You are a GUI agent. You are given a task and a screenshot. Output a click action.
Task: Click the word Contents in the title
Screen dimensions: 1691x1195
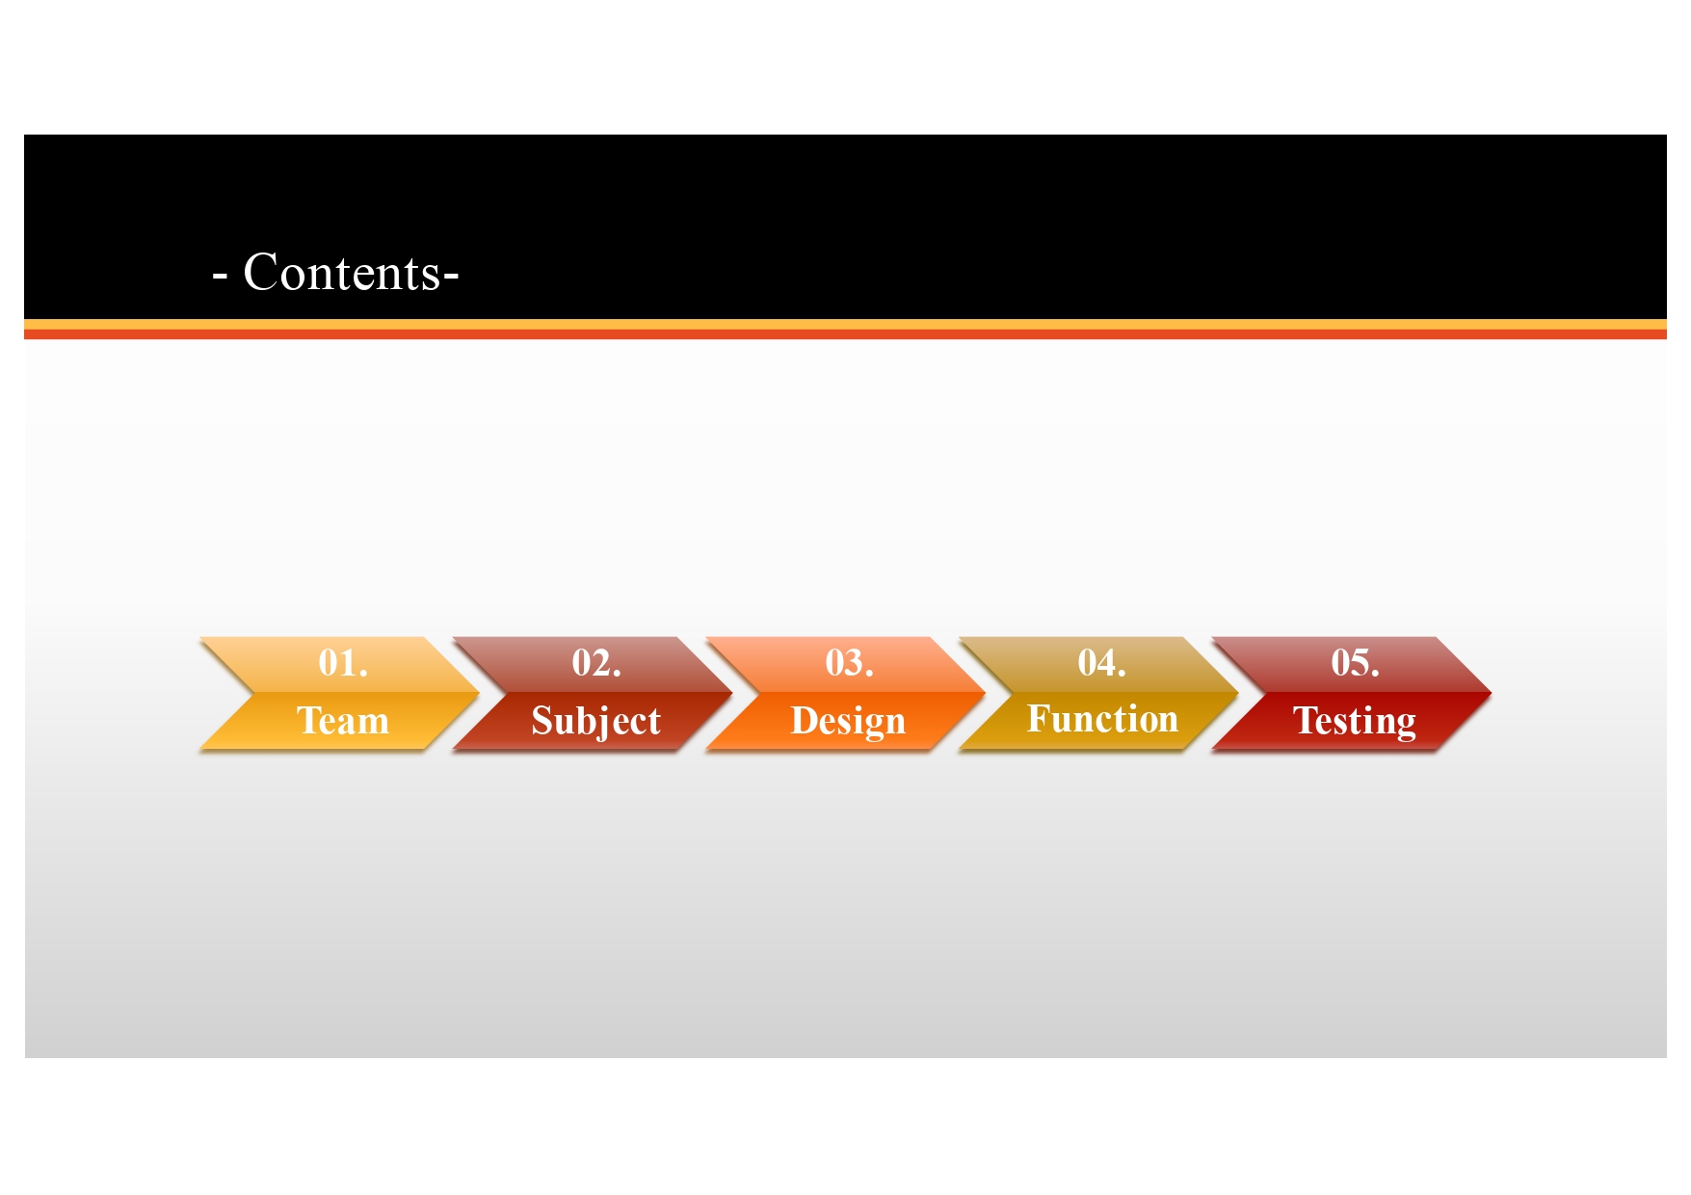(x=342, y=273)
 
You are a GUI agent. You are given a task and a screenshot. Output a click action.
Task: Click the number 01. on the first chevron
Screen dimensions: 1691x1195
(x=343, y=663)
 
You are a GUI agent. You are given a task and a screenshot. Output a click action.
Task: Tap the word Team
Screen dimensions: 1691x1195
(x=343, y=721)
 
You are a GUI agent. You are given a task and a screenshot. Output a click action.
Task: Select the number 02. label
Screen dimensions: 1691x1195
(x=596, y=663)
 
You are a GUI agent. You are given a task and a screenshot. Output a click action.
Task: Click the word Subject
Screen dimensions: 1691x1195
(x=596, y=722)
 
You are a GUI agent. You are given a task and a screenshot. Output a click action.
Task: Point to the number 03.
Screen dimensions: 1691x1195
(x=849, y=663)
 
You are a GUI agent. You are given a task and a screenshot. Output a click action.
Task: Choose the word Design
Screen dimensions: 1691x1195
(x=849, y=722)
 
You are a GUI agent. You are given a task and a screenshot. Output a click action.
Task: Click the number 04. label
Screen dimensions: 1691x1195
(x=1102, y=663)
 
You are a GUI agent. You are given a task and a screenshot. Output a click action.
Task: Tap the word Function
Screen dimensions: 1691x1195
(x=1102, y=719)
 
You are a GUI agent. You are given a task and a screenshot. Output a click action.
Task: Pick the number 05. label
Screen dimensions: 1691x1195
(x=1355, y=663)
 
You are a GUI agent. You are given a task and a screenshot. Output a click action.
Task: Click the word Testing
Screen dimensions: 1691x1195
(x=1355, y=722)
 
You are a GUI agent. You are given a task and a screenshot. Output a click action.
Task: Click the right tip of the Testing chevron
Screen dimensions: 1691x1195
(x=1491, y=692)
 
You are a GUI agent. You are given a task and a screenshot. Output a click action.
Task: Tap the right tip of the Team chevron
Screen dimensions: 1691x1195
(x=479, y=692)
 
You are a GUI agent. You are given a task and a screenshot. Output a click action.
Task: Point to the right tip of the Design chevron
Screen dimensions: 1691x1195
(x=985, y=692)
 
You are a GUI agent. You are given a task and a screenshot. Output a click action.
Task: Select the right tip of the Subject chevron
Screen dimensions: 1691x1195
(x=732, y=692)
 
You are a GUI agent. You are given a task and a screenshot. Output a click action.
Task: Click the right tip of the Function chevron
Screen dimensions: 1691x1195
(x=1238, y=692)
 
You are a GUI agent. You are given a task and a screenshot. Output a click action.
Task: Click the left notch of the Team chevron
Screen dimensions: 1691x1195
(x=254, y=692)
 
